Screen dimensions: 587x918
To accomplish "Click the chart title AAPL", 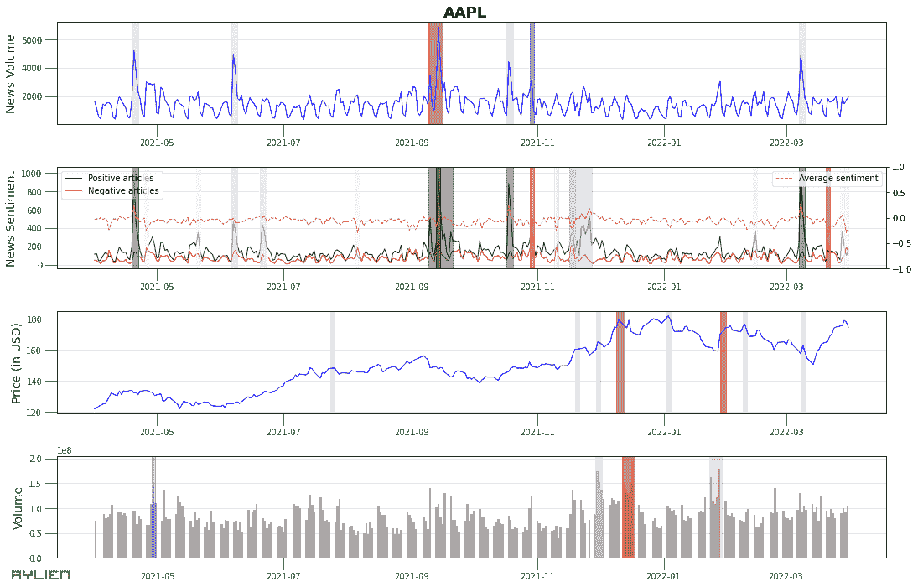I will click(x=464, y=12).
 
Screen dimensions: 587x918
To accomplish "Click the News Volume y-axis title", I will click(x=11, y=74).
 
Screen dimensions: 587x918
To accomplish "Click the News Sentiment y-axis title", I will click(x=11, y=218).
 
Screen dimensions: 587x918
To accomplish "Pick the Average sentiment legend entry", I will click(x=838, y=178).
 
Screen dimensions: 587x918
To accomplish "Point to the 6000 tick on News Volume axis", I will click(x=43, y=39).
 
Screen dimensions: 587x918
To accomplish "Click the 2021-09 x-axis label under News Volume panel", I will click(x=411, y=143).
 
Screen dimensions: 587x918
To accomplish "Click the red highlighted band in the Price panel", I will click(x=724, y=362).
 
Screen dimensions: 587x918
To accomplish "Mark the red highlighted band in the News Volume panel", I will click(x=436, y=74).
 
